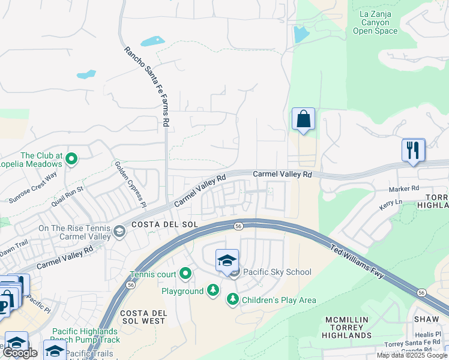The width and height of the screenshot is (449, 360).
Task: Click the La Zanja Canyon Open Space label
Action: point(375,22)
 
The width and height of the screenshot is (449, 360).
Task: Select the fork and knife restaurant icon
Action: point(412,149)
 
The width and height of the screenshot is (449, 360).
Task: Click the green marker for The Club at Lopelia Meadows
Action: point(71,159)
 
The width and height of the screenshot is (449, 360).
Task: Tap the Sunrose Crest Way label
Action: point(33,187)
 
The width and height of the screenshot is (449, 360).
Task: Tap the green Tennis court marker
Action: point(185,275)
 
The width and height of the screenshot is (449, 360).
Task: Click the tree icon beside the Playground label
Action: point(212,291)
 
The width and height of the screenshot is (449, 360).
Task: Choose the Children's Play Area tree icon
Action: point(232,299)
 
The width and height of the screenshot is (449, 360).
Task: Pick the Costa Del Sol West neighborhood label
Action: point(143,317)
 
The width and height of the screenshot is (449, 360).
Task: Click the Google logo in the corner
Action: point(21,353)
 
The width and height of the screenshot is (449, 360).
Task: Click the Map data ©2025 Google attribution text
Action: point(412,355)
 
